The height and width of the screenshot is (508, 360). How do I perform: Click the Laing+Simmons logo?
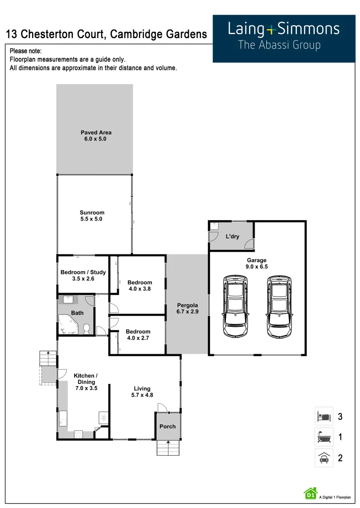284,36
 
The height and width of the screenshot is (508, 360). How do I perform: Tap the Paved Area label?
96,136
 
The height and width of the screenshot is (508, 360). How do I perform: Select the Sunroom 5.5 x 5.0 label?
92,216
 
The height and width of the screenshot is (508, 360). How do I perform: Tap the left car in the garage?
235,306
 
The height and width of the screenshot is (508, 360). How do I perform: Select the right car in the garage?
280,306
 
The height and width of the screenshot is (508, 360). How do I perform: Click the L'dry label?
232,237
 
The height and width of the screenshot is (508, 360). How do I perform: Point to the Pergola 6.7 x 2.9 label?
187,309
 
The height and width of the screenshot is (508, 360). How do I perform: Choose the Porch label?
168,427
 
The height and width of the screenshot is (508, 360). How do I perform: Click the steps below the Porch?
168,448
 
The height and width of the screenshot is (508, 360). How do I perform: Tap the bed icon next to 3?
324,416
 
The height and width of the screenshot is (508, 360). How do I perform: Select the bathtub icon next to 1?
324,437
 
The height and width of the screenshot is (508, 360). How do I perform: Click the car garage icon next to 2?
324,458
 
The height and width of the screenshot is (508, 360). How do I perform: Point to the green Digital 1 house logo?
310,493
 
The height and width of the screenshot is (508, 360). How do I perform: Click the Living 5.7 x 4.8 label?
142,392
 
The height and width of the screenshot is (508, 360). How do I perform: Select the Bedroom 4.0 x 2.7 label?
138,334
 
